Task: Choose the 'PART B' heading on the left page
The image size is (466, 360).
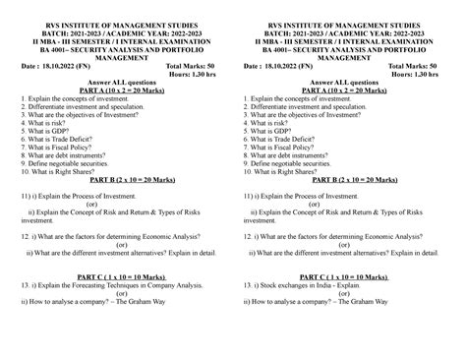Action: tap(116, 182)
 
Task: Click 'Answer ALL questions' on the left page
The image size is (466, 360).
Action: tap(116, 82)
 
